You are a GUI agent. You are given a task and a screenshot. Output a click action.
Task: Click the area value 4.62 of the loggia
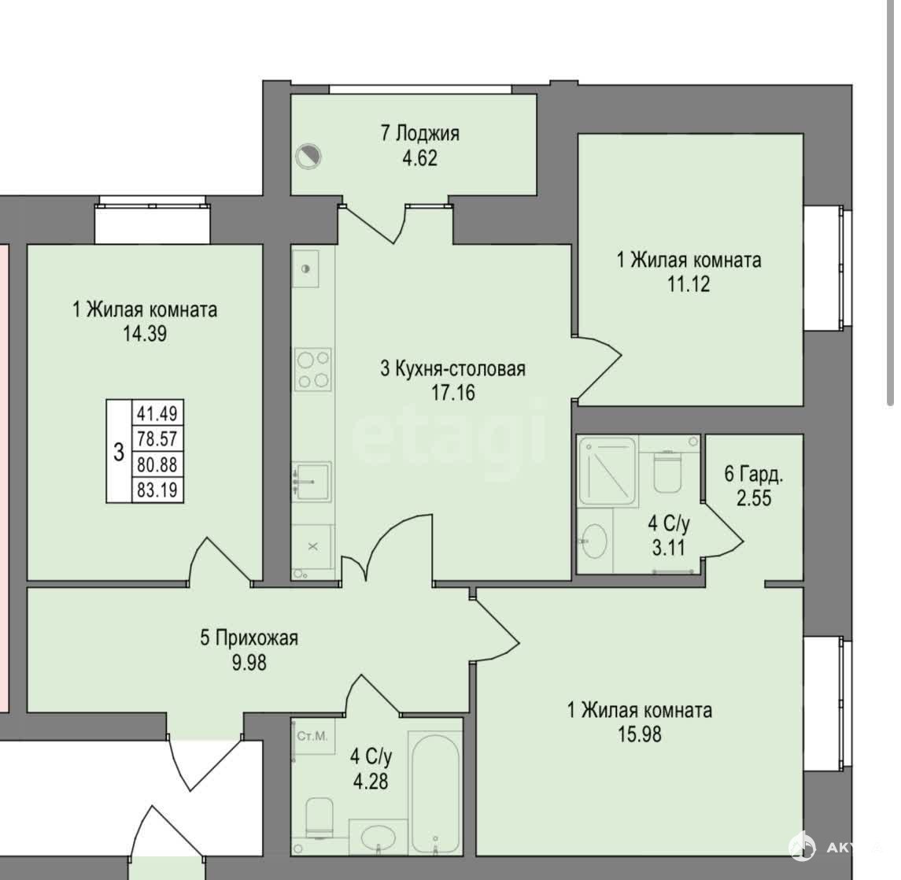pos(419,158)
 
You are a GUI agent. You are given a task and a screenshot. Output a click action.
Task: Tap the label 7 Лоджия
pos(419,133)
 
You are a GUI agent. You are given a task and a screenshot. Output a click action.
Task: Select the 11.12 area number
pos(689,284)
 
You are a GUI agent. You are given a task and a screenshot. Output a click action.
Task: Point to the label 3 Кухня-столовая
pos(452,368)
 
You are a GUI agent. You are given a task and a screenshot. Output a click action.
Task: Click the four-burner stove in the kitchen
pos(313,368)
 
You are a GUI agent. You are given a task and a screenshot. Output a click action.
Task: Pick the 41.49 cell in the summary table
pos(157,412)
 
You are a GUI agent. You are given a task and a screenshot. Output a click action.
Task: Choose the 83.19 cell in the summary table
pos(157,490)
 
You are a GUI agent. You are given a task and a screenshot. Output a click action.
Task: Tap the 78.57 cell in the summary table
pos(157,438)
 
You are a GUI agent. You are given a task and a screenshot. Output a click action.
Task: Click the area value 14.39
pos(145,334)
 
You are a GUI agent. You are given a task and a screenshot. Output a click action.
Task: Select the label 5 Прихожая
pos(249,638)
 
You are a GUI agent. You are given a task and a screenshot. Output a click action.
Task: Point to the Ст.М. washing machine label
pos(312,736)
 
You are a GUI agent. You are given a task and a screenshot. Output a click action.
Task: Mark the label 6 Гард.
pos(753,474)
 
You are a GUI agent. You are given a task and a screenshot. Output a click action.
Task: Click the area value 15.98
pos(640,734)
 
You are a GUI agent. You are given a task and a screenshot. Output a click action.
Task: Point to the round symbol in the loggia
pos(308,157)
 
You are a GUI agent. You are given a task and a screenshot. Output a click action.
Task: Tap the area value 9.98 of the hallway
pos(249,663)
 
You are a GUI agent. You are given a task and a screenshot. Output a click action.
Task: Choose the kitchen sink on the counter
pos(312,481)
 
